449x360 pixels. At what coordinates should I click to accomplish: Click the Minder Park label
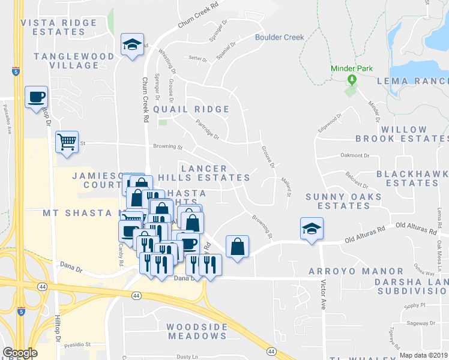352,69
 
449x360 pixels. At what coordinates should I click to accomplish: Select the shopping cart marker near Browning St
67,143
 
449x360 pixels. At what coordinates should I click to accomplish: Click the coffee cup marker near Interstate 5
36,97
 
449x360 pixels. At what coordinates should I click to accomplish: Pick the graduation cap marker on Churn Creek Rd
132,44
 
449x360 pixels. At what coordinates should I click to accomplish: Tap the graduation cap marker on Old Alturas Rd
312,229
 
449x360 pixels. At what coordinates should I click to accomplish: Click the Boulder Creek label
280,37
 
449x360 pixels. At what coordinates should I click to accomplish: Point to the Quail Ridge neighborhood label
191,109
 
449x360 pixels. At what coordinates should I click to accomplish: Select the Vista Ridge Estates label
59,27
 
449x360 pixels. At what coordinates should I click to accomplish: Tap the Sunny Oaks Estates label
344,201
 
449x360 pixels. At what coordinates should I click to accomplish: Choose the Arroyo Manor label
356,271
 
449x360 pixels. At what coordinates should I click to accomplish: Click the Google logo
20,353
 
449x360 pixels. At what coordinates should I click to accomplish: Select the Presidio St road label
79,345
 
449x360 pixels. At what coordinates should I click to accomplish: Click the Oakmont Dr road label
355,155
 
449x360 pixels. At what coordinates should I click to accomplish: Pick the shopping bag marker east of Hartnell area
237,246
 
